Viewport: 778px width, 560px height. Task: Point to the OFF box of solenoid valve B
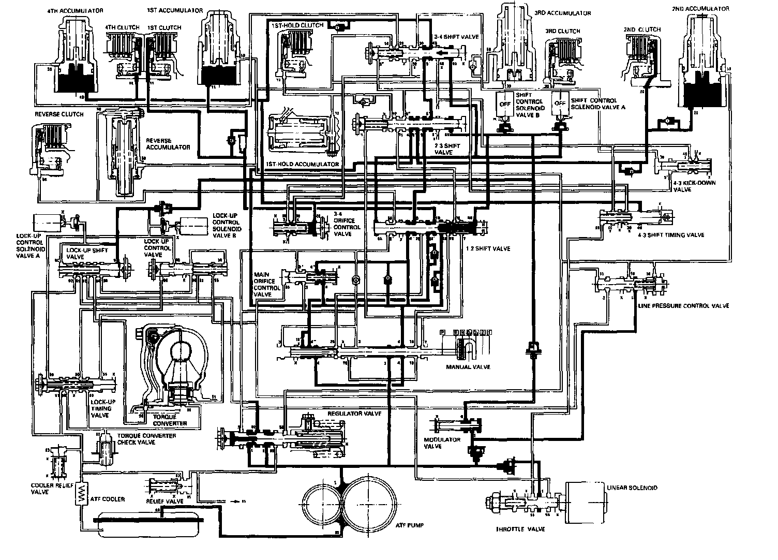point(503,104)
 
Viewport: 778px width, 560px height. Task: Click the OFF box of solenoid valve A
point(560,104)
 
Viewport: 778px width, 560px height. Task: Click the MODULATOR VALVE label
point(435,443)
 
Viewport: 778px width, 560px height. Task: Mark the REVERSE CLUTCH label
point(59,114)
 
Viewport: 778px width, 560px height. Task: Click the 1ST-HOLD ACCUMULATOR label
point(302,164)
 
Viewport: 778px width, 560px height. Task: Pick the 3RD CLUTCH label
point(563,31)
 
